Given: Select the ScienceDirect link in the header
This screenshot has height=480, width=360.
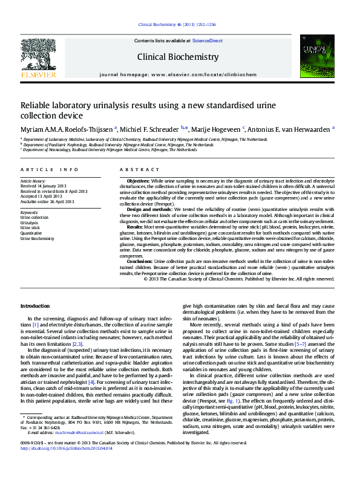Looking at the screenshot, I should click(x=207, y=41).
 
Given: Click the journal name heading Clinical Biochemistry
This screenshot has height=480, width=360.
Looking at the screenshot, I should click(x=178, y=57).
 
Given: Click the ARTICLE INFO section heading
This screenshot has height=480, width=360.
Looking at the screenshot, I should click(x=49, y=170).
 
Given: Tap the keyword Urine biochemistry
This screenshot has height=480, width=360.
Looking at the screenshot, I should click(x=37, y=239).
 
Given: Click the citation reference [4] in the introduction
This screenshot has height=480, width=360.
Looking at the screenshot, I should click(x=91, y=381).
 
